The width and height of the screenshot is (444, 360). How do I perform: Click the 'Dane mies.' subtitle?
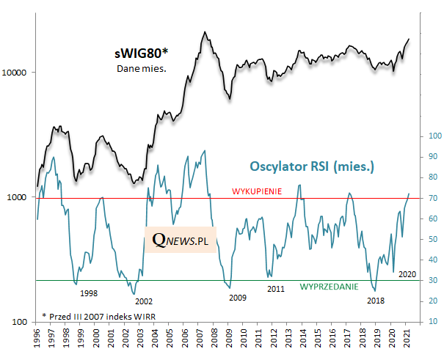141,69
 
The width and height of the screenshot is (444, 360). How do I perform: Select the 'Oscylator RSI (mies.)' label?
312,166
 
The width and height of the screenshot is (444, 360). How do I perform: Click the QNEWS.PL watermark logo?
181,238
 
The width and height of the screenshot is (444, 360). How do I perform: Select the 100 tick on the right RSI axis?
434,136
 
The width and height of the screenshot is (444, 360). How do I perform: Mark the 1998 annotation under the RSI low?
89,293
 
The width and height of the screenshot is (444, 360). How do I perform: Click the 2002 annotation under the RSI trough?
144,301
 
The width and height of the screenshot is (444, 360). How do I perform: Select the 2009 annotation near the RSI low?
238,298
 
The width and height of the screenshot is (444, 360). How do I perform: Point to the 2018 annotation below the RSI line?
375,300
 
